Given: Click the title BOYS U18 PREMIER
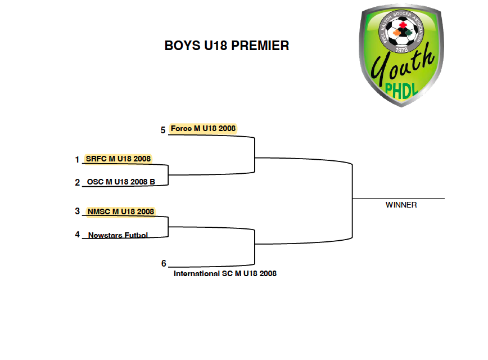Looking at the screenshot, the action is point(227,46).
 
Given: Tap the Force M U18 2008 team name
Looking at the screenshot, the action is point(203,129).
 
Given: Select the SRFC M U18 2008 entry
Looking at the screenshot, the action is point(118,159).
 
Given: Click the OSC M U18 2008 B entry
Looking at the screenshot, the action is point(121,182).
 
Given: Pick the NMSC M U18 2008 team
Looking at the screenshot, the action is point(121,211).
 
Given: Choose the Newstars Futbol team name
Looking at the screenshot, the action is point(118,235).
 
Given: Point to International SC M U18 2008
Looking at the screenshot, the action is point(225,273).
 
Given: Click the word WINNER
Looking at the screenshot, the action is point(401,205).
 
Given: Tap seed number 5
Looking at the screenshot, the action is point(163,130).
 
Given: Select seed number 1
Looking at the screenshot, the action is point(77,160).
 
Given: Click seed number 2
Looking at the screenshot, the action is point(78,182).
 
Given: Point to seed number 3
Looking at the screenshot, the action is point(78,211).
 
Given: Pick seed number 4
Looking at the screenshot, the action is point(78,235).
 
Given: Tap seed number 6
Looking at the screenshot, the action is point(164,263).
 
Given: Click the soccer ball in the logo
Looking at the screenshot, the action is point(402,31).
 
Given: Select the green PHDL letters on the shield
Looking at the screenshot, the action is point(401,91).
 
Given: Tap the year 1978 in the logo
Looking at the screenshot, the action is point(402,49).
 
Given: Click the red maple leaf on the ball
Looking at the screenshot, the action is point(403,25).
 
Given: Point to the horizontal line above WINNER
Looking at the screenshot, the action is point(399,198).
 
